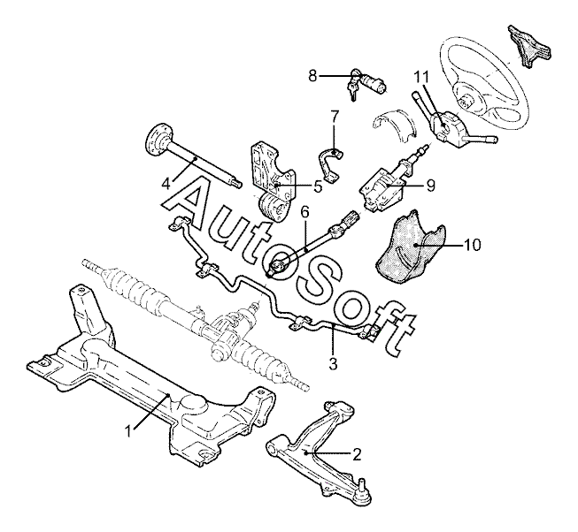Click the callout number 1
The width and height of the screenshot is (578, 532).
[128, 430]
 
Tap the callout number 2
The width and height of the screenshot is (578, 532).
[357, 454]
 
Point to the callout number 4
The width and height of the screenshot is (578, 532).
[166, 183]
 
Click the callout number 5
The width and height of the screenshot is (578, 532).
[318, 186]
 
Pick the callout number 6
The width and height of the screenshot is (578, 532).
[304, 212]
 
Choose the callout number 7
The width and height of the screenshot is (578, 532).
[334, 117]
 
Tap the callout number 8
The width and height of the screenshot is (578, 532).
[312, 76]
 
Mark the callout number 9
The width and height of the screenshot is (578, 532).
[430, 185]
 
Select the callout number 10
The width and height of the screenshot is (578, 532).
[472, 245]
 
